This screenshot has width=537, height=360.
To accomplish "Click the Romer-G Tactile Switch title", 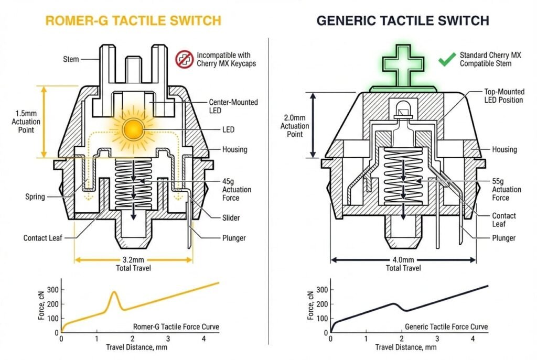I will [133, 20].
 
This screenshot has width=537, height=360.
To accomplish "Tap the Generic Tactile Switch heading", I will [403, 20].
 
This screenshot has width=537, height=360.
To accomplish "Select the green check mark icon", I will [446, 59].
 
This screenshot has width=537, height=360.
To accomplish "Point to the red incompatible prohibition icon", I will [183, 59].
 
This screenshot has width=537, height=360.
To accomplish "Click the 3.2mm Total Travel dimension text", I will [133, 264].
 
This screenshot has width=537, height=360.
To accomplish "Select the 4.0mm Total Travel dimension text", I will [403, 264].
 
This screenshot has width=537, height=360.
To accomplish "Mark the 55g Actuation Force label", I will [507, 189].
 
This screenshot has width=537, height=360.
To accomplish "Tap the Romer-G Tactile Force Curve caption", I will [176, 326].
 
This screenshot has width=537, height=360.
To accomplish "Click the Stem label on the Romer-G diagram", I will [71, 59].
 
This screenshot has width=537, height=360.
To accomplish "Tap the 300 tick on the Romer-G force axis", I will [52, 289].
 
